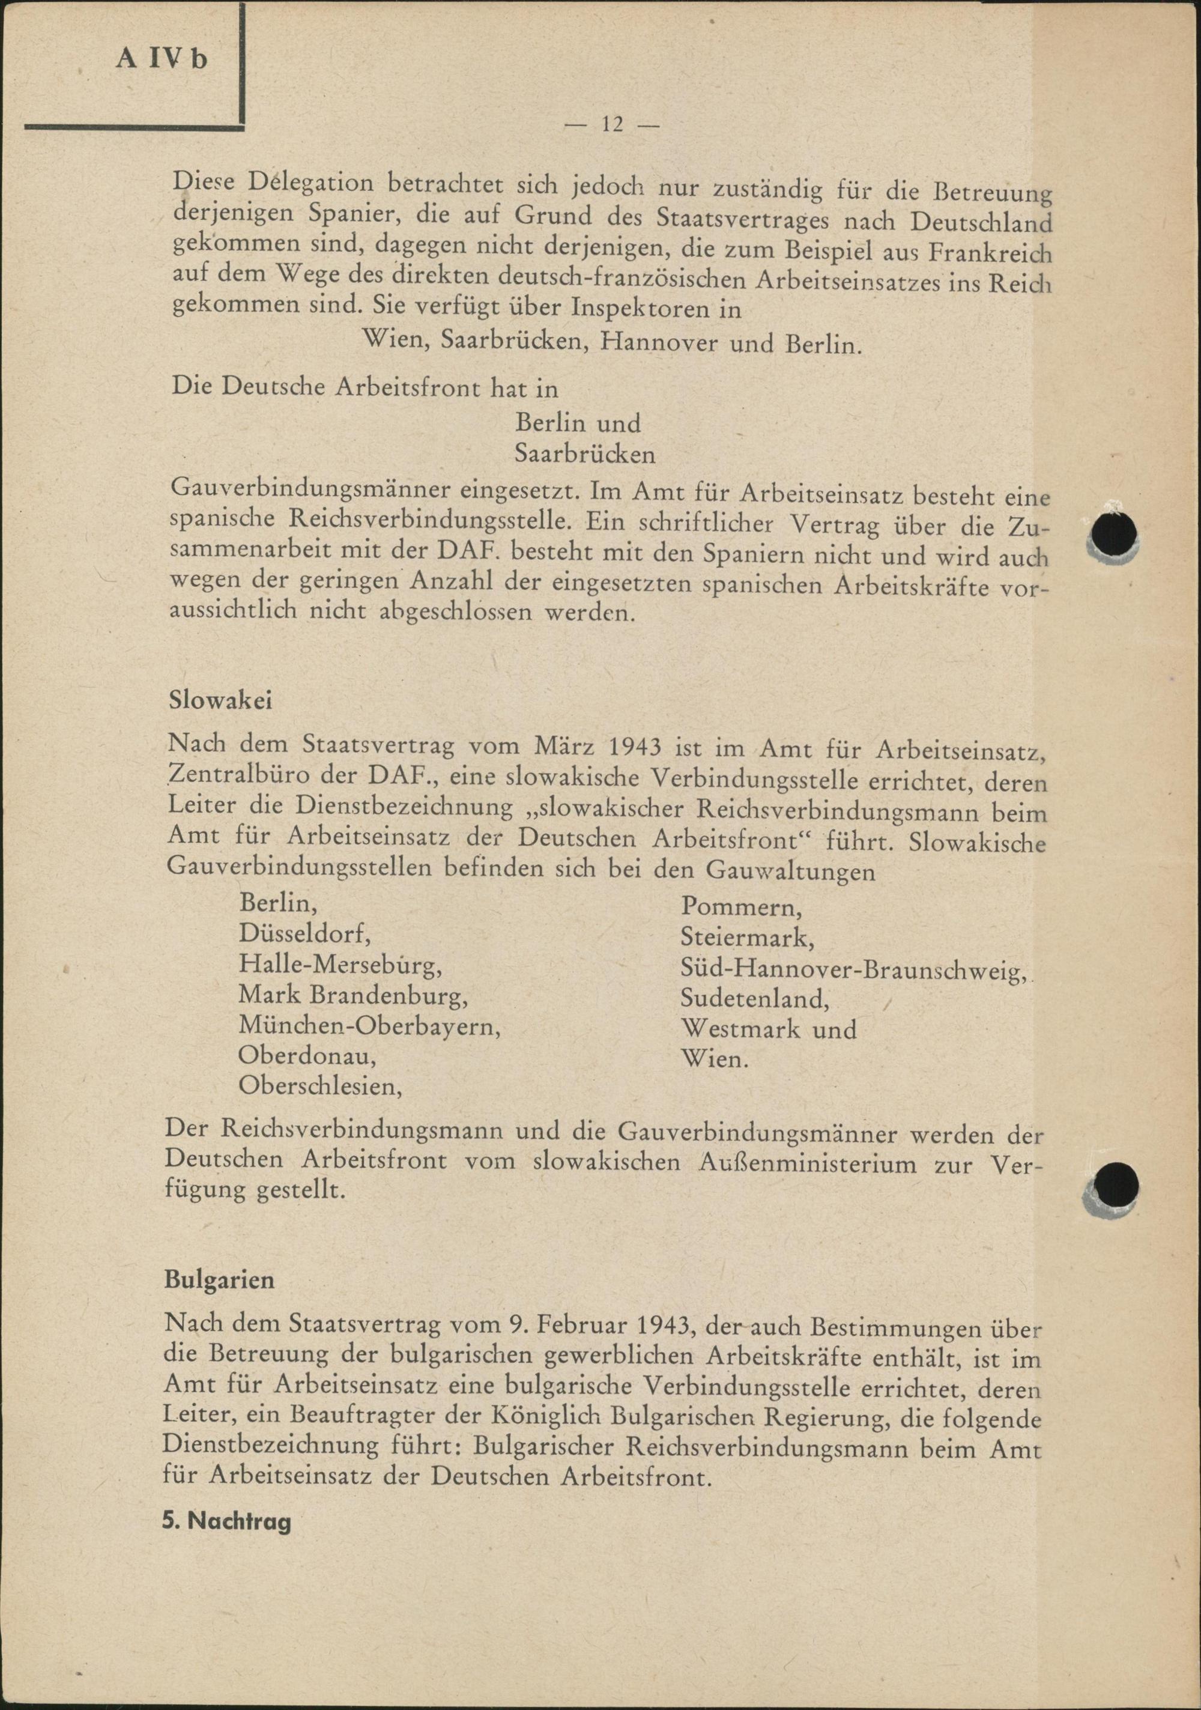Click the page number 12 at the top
point(612,125)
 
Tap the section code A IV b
point(162,59)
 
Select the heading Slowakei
point(210,701)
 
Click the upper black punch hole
point(1111,534)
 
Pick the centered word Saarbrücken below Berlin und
point(585,454)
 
